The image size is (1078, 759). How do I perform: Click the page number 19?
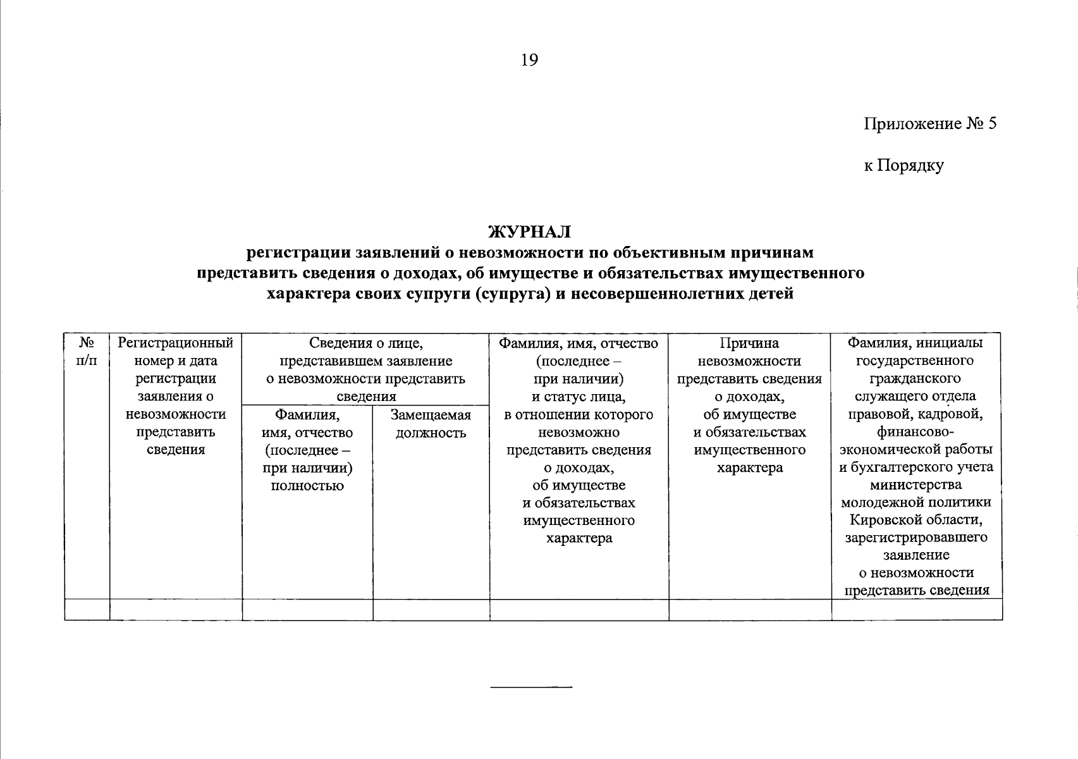(529, 60)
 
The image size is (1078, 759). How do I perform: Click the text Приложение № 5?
(929, 123)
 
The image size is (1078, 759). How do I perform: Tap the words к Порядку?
(903, 166)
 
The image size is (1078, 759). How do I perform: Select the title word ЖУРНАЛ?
(529, 232)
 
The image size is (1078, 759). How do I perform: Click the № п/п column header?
(87, 352)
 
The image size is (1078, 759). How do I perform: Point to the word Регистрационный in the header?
(176, 343)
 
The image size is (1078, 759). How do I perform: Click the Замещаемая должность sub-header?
(431, 424)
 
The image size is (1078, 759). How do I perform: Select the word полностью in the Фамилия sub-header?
(307, 486)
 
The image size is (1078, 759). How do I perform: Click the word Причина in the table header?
(749, 343)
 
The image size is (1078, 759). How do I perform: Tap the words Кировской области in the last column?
(916, 520)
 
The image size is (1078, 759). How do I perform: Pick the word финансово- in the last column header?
(916, 432)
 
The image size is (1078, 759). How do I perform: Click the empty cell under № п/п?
(87, 610)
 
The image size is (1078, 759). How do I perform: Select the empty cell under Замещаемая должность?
(431, 610)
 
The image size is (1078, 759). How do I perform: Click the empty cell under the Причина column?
(749, 610)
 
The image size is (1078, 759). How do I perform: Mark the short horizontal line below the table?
(531, 686)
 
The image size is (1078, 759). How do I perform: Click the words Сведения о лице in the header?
(365, 343)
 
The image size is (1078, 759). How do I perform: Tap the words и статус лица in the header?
(579, 397)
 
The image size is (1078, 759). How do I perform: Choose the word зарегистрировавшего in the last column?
(916, 538)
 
